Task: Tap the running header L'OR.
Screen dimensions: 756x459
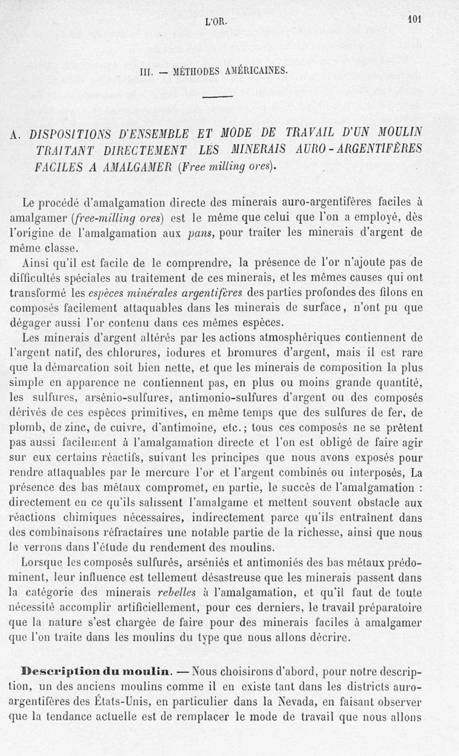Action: [x=216, y=22]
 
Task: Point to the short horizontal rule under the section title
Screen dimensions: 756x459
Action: [x=216, y=96]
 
